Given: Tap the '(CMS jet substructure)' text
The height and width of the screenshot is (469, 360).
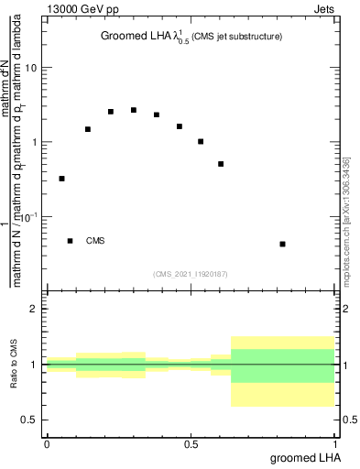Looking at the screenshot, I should [237, 37].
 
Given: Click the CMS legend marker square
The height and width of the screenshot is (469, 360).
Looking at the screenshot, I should [70, 241].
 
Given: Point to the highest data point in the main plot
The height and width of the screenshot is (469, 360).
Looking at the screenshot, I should [134, 110].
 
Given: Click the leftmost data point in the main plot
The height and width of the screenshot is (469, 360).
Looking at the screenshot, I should [61, 179].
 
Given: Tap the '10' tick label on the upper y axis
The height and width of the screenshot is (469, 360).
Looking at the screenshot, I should [31, 68].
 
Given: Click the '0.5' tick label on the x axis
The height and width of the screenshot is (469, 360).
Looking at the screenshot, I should [191, 445].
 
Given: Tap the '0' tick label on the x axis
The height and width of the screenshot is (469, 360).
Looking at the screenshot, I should [47, 445].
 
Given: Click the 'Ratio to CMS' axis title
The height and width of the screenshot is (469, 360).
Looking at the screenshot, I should [14, 364].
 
